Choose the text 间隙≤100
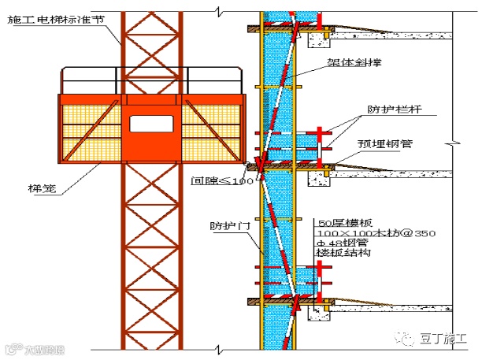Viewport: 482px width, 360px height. [x=223, y=180]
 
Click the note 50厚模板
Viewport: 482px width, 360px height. [x=344, y=223]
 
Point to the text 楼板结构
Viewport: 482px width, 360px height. [x=342, y=254]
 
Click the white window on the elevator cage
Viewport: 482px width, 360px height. [x=151, y=124]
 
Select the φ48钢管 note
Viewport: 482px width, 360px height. [x=342, y=243]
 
